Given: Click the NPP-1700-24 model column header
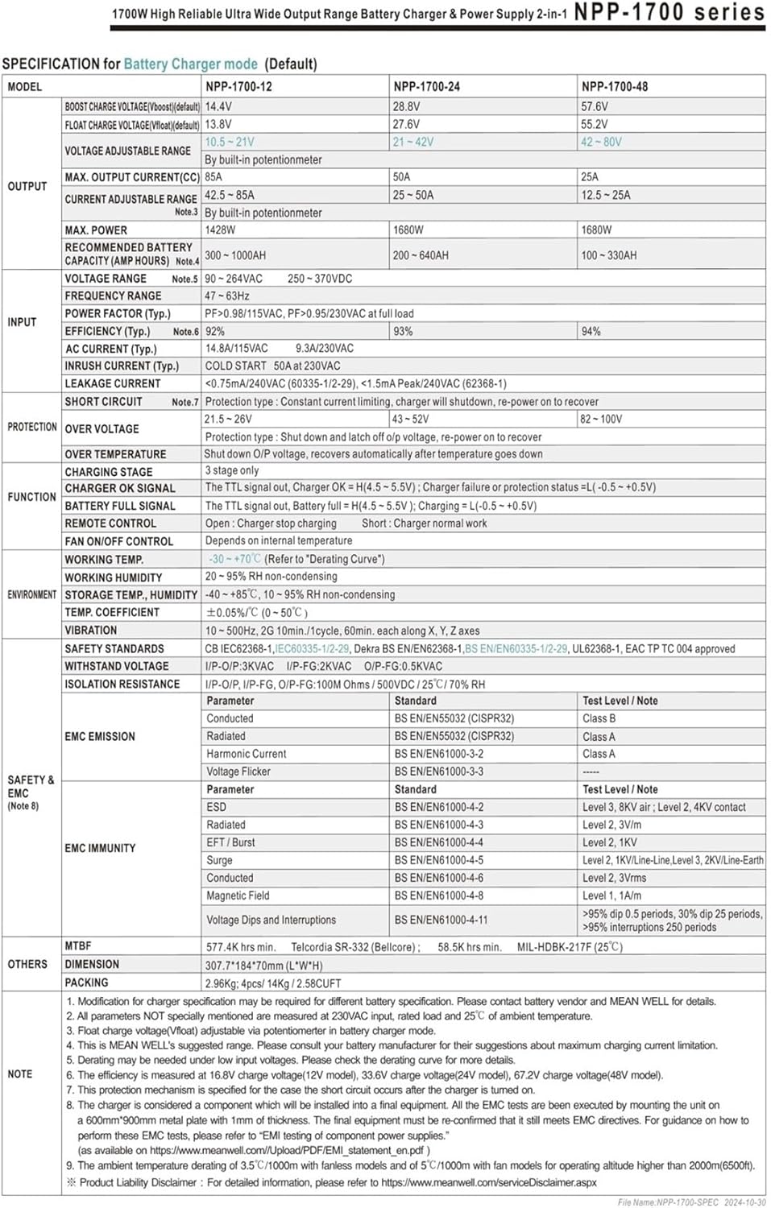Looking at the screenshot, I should [426, 86].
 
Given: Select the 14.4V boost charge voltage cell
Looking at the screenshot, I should [218, 106].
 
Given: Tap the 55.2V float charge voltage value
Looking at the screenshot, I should [594, 124].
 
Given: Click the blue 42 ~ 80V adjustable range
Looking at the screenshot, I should [601, 142].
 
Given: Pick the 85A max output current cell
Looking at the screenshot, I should [213, 176].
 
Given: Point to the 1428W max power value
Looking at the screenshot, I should [220, 230].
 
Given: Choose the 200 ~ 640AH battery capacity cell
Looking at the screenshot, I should [421, 255].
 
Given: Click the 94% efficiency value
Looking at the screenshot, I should [591, 331].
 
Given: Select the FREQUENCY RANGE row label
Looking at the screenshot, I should [113, 296].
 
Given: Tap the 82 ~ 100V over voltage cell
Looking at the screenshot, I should [601, 419].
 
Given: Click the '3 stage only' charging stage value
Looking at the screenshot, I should [232, 470].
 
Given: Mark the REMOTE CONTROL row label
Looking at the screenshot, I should [110, 523].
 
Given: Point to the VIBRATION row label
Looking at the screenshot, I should [91, 630].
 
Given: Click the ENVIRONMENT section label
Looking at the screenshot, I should [31, 594].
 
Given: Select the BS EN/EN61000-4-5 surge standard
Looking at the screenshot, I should [439, 860].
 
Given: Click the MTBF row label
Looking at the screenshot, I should [78, 945].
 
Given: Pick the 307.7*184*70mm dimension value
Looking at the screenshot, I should [263, 965].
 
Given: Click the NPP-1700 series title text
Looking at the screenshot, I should [669, 12].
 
